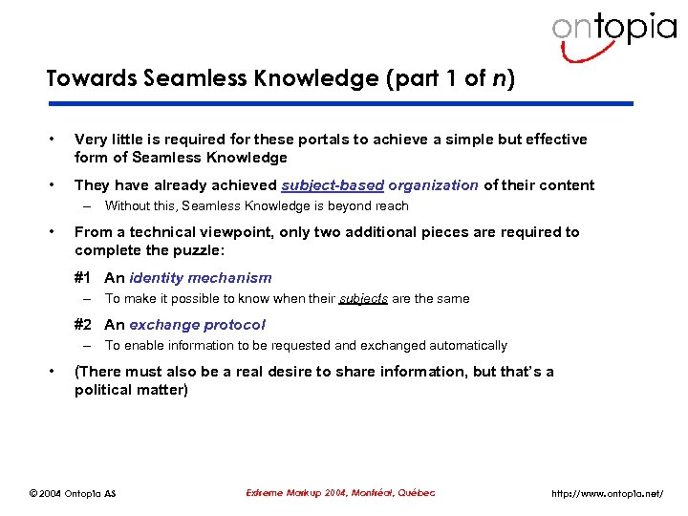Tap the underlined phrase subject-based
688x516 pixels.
pyautogui.click(x=333, y=185)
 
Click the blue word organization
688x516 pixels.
pyautogui.click(x=433, y=185)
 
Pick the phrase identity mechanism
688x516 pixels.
pyautogui.click(x=201, y=278)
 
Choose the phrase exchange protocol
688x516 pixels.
pyautogui.click(x=198, y=325)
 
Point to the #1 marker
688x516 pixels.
pyautogui.click(x=83, y=278)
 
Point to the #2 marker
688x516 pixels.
pyautogui.click(x=83, y=325)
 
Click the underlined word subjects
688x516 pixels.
pyautogui.click(x=363, y=299)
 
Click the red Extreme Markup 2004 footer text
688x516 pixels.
pyautogui.click(x=340, y=493)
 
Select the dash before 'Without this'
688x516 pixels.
pyautogui.click(x=86, y=206)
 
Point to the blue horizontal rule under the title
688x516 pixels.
pyautogui.click(x=339, y=103)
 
